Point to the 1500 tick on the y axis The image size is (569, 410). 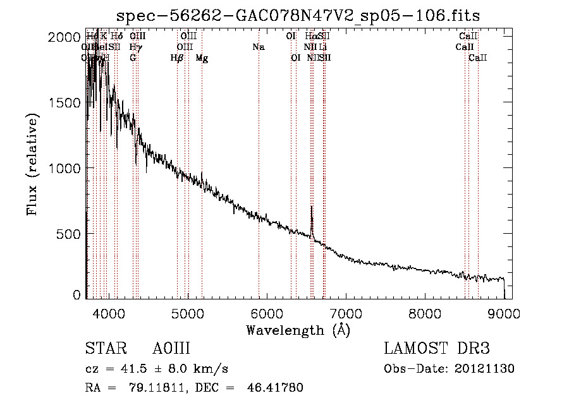point(86,102)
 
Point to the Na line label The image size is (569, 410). point(258,47)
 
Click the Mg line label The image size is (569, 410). point(202,58)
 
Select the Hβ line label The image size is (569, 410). point(177,58)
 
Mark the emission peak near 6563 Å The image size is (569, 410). point(312,207)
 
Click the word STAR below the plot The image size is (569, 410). point(104,349)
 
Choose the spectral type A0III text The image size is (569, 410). point(171,349)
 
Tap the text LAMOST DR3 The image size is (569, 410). point(437,349)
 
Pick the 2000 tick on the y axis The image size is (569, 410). point(86,37)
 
